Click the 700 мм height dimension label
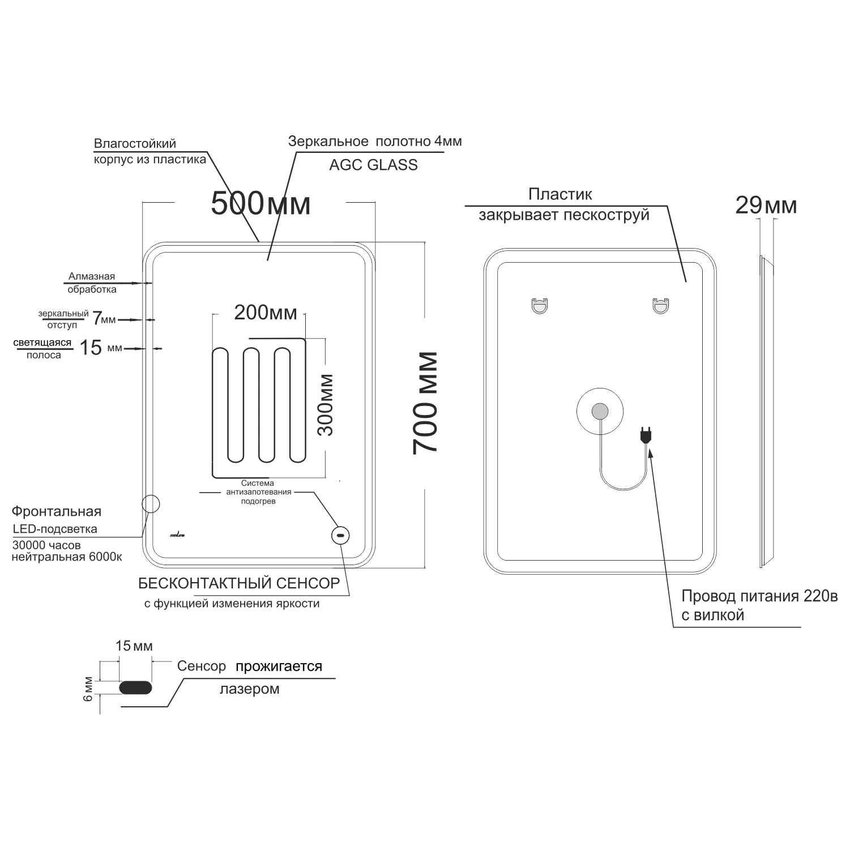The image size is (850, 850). click(x=425, y=403)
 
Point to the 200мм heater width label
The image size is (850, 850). click(x=266, y=312)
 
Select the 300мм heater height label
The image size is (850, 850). click(x=326, y=404)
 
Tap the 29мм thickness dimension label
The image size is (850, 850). click(x=766, y=205)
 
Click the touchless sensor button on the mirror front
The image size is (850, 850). click(x=340, y=535)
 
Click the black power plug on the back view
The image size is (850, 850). click(x=646, y=434)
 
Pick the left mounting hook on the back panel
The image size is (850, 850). click(x=540, y=306)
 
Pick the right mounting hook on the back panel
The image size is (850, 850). click(x=660, y=306)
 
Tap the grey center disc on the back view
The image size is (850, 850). click(x=600, y=411)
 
